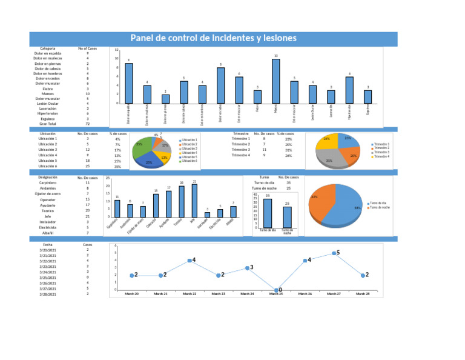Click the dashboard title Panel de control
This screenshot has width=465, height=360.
tap(214, 39)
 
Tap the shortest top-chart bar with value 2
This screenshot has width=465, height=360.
tap(165, 99)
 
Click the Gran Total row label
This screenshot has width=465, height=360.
tap(48, 124)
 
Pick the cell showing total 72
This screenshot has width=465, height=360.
tap(88, 124)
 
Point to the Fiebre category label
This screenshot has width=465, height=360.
tap(48, 88)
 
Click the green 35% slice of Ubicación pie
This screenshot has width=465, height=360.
tap(142, 147)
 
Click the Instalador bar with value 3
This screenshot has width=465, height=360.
tap(207, 214)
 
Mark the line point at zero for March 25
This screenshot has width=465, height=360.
tap(276, 290)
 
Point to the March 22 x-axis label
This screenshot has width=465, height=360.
tap(189, 294)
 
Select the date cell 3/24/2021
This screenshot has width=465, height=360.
tap(48, 272)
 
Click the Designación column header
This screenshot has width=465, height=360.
tap(48, 178)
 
